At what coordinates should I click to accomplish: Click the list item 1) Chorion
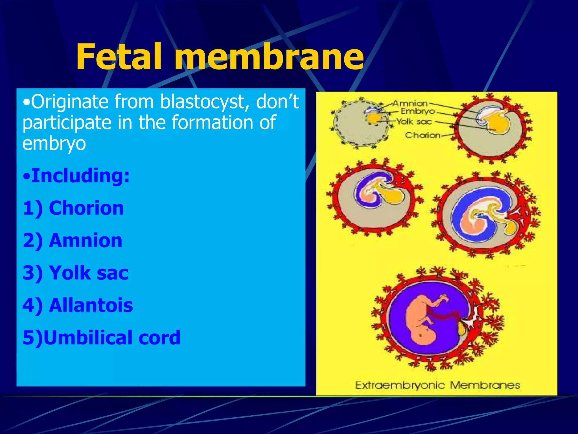coord(73,208)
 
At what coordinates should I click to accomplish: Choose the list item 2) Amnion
coord(73,241)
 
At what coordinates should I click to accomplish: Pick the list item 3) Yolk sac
coord(76,273)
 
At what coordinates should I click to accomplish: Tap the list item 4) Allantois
coord(78,305)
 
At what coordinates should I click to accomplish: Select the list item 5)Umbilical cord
coord(102,338)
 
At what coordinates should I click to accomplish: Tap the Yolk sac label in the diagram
coord(414,122)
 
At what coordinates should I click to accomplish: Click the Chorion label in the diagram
coord(422,136)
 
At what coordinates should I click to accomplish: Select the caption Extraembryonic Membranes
coord(437,385)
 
